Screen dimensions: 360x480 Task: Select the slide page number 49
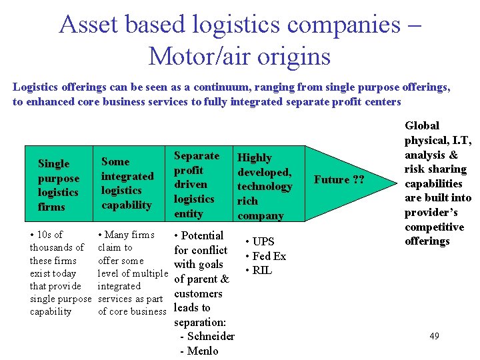(434, 336)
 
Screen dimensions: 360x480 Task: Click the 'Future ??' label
(340, 179)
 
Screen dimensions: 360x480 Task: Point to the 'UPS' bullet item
(263, 242)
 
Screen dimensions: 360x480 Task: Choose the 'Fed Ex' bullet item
(269, 256)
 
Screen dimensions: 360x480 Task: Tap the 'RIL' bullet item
(262, 270)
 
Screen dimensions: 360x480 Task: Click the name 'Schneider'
(211, 336)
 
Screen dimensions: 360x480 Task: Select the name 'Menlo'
(203, 351)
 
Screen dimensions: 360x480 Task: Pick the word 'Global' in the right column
(422, 126)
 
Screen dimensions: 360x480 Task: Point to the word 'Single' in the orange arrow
(54, 164)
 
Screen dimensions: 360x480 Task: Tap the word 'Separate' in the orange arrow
(196, 156)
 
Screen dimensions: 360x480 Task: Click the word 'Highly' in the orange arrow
(255, 158)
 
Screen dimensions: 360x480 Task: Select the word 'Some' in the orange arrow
(115, 162)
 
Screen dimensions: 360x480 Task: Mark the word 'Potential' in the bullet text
(202, 235)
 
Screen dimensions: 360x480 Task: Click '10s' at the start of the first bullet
(45, 235)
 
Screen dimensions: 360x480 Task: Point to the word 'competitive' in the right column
(434, 227)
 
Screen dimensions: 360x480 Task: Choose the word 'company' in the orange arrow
(261, 216)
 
